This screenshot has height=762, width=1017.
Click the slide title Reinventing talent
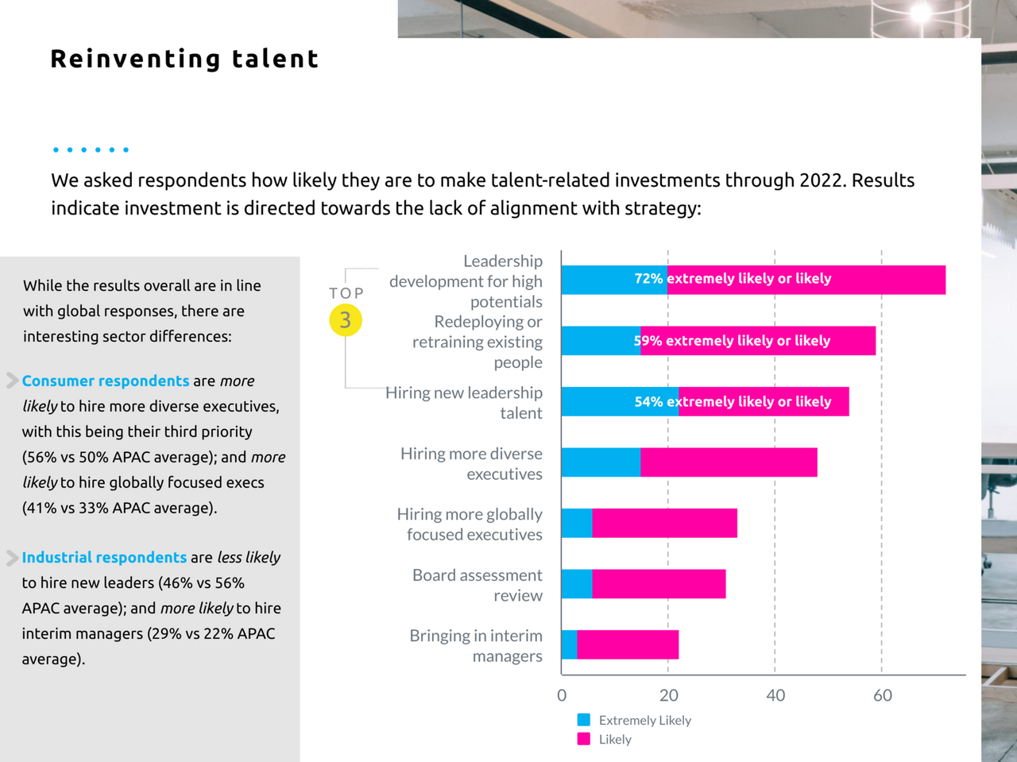click(x=184, y=59)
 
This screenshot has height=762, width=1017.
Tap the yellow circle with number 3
click(x=346, y=320)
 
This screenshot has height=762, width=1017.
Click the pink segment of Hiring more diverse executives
click(x=729, y=462)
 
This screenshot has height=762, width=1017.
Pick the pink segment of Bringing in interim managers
click(x=628, y=644)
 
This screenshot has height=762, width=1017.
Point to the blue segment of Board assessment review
click(x=577, y=584)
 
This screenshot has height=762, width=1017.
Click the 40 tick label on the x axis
click(x=775, y=695)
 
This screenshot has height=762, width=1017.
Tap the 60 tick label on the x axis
click(x=883, y=695)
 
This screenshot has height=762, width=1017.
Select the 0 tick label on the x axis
click(x=562, y=695)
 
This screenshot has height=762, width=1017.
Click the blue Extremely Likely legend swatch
click(x=584, y=720)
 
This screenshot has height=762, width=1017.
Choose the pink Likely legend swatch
click(x=584, y=739)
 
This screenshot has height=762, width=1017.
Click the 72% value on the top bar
click(x=648, y=279)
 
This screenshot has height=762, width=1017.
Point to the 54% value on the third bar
click(x=648, y=402)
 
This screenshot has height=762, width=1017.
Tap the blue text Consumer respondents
click(x=106, y=381)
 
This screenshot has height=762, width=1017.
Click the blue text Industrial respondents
click(x=104, y=557)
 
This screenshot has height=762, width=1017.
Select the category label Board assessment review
click(x=477, y=585)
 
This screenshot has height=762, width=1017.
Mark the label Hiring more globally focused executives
click(x=470, y=524)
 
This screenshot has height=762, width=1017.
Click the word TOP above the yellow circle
click(x=346, y=293)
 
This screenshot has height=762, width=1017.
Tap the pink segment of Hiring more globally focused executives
click(x=664, y=523)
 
